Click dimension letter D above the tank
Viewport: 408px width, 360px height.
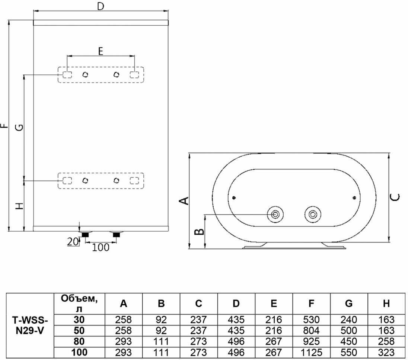click(x=101, y=6)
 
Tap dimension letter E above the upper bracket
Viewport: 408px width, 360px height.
click(x=101, y=51)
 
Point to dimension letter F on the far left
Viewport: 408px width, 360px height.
click(x=4, y=126)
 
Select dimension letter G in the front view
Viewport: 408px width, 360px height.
click(x=19, y=127)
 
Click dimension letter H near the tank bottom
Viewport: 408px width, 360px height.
click(x=19, y=206)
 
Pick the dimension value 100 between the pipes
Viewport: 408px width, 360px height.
click(x=101, y=247)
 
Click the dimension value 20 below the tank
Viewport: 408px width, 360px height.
click(x=73, y=242)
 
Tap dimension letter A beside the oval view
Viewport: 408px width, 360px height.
click(x=184, y=201)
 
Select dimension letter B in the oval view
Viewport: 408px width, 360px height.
click(x=200, y=231)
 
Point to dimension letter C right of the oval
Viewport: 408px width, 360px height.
click(x=395, y=197)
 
